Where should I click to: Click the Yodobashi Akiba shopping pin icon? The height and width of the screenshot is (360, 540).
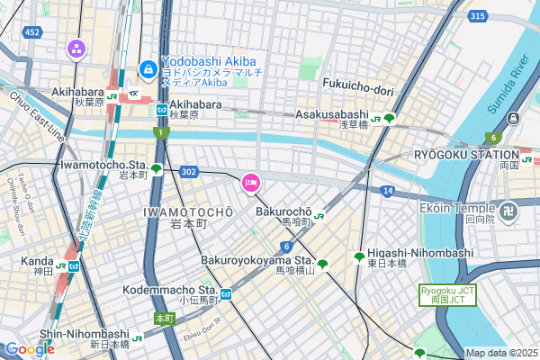point(147,68)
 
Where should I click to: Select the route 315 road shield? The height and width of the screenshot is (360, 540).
point(477,16)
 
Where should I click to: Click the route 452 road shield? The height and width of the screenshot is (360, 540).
point(32,32)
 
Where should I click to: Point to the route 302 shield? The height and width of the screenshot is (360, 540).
point(187,170)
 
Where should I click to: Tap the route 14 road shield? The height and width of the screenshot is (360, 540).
point(387,191)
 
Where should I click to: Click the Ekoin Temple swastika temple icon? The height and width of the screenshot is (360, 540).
point(509,212)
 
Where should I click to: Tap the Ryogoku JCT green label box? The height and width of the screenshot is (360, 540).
point(445,295)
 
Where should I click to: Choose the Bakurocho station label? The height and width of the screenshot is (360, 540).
point(283,211)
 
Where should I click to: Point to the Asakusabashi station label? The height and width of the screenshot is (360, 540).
point(332,115)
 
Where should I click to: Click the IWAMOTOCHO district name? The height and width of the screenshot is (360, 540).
point(188,211)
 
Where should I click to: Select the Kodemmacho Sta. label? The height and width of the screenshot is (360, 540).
point(170,291)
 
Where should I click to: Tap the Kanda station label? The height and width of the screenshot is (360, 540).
point(37,261)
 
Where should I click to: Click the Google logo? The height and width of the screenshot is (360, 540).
point(29,348)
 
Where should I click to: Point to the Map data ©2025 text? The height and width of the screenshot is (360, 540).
point(500,353)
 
